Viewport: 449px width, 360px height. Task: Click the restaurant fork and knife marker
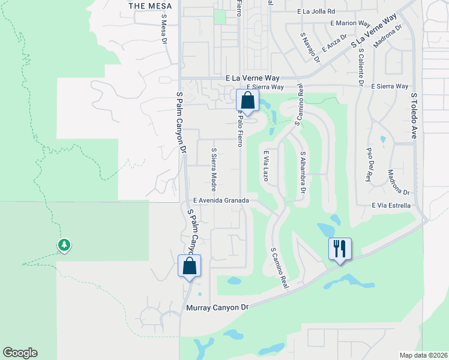click(x=340, y=248)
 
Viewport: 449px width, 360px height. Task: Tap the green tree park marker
click(x=64, y=245)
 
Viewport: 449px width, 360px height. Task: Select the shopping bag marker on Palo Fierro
click(x=247, y=100)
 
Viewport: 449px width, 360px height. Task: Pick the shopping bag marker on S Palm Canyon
click(x=189, y=266)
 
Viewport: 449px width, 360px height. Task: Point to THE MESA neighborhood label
click(x=150, y=5)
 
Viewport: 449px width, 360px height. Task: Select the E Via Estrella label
click(x=391, y=205)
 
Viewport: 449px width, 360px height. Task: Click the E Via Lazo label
click(x=265, y=166)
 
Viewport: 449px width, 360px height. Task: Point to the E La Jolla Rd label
click(x=324, y=11)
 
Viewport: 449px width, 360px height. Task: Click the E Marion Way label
click(x=350, y=23)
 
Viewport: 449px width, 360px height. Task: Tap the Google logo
click(x=20, y=353)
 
